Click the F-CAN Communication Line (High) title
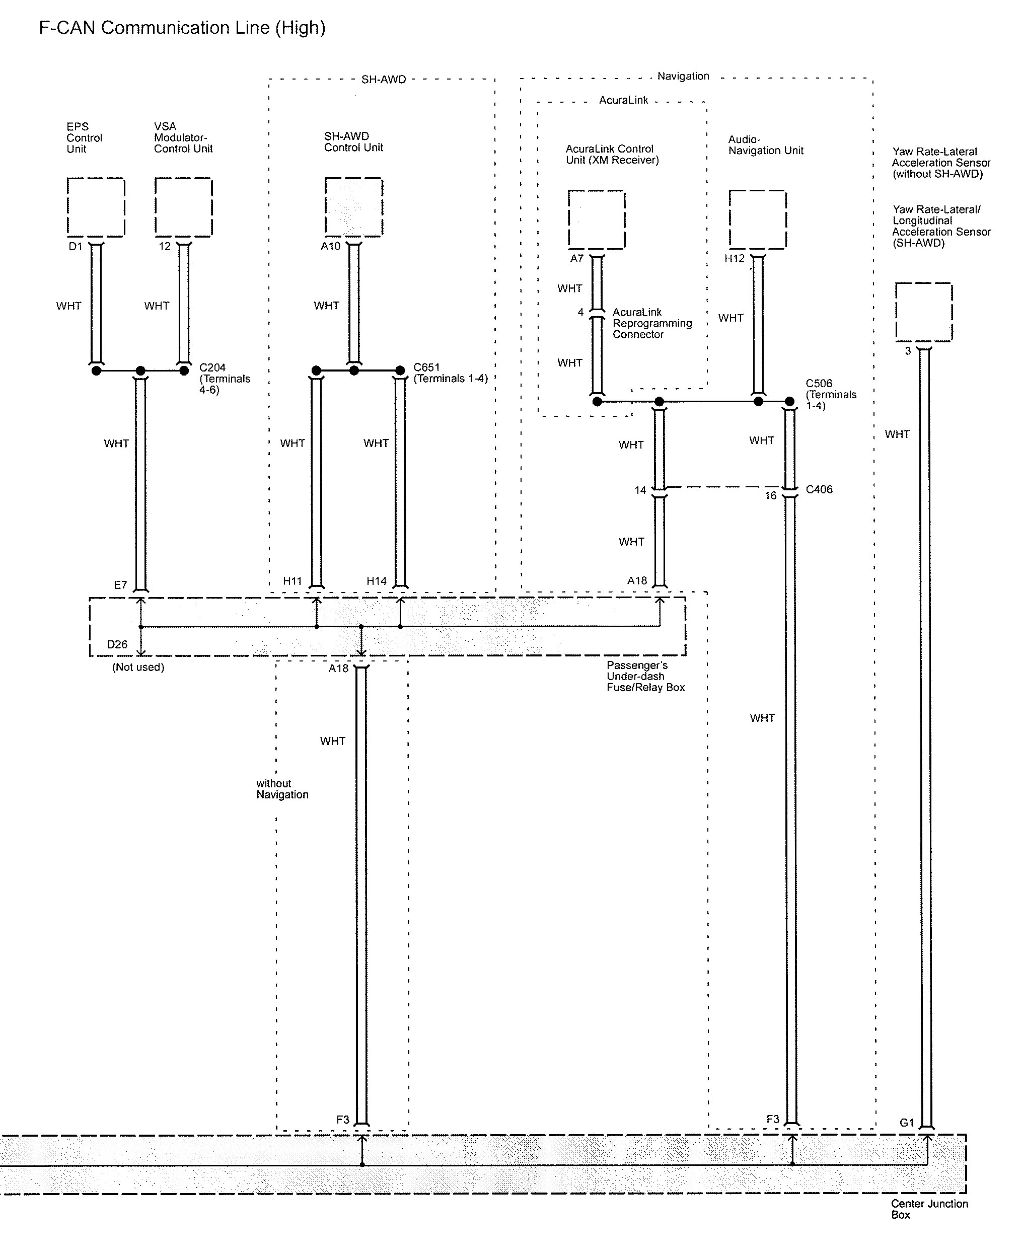pos(182,28)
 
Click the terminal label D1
pos(76,247)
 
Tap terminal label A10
pos(331,247)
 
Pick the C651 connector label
pos(426,367)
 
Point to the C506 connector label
pos(819,384)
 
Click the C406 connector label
pos(819,489)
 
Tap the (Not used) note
pos(138,668)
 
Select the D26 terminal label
pos(117,644)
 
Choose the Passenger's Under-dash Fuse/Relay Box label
pos(646,676)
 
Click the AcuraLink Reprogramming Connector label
pos(652,323)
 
